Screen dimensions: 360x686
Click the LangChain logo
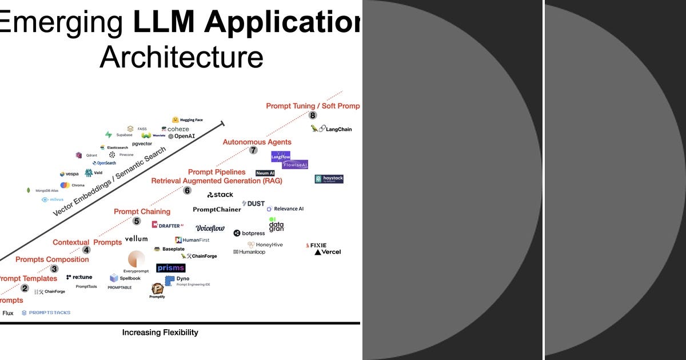pyautogui.click(x=332, y=129)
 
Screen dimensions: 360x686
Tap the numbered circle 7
pyautogui.click(x=253, y=150)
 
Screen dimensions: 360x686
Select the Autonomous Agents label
pyautogui.click(x=257, y=142)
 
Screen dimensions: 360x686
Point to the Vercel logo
pyautogui.click(x=328, y=252)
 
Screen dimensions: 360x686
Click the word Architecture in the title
pyautogui.click(x=181, y=57)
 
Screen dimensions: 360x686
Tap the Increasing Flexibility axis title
pyautogui.click(x=160, y=332)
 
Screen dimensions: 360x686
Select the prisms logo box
pyautogui.click(x=170, y=267)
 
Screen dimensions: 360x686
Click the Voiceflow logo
pyautogui.click(x=210, y=228)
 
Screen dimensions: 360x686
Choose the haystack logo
pyautogui.click(x=329, y=179)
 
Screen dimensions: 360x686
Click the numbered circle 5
pyautogui.click(x=136, y=221)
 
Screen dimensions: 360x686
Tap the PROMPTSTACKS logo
pyautogui.click(x=46, y=313)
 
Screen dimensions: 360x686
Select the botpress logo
pyautogui.click(x=249, y=233)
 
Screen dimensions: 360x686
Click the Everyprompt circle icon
pyautogui.click(x=136, y=259)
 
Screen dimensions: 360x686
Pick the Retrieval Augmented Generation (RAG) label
pyautogui.click(x=217, y=181)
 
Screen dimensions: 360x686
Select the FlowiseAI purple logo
pyautogui.click(x=295, y=165)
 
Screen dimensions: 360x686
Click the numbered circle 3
pyautogui.click(x=54, y=269)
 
